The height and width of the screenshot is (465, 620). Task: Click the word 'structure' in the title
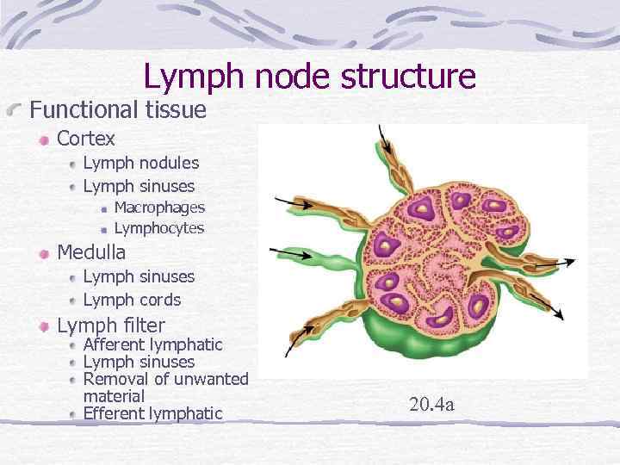(408, 76)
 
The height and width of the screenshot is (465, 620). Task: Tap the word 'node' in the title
(288, 76)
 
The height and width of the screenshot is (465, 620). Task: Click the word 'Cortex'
(86, 138)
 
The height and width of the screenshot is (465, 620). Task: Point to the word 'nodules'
(167, 163)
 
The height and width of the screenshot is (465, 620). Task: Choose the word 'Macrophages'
(159, 208)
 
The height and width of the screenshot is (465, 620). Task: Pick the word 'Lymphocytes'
(159, 228)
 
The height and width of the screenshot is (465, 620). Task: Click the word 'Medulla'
(91, 252)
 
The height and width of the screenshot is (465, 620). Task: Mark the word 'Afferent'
(115, 344)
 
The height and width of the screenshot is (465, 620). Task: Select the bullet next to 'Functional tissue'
(17, 111)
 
